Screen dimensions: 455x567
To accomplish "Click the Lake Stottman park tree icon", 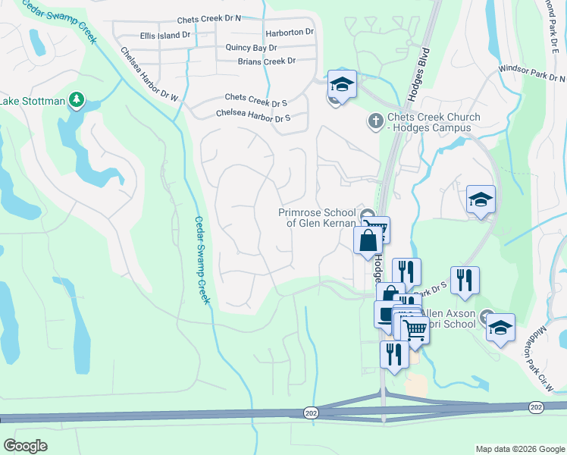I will point(76,99).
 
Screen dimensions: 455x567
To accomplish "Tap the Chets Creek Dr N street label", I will point(208,20).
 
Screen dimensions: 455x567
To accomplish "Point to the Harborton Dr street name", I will point(290,33).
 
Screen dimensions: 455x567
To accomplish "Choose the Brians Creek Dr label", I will point(266,61).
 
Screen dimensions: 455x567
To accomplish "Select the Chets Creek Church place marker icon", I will point(375,121).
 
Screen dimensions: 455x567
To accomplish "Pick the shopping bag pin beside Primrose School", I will point(368,240).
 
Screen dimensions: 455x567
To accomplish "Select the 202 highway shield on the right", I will point(536,408).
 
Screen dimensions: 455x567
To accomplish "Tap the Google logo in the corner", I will point(26,446).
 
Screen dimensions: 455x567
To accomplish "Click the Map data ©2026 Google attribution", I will point(519,449).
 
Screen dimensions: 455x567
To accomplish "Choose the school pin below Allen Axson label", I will point(500,328).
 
